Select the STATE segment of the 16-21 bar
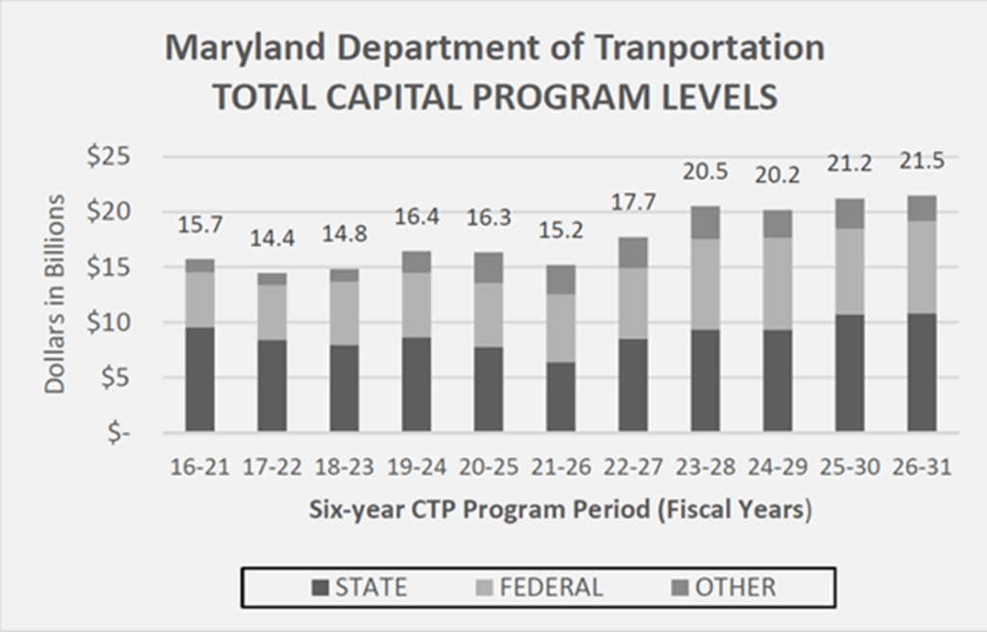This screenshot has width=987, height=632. click(x=200, y=379)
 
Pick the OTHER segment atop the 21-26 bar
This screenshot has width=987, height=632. click(x=561, y=279)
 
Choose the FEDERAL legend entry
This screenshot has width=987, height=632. click(x=540, y=587)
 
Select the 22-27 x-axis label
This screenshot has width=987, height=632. click(x=632, y=467)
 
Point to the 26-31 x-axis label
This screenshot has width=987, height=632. click(x=921, y=467)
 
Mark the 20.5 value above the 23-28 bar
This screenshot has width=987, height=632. click(x=705, y=174)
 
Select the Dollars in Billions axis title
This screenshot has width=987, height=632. click(x=57, y=293)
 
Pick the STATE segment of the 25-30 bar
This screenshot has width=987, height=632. click(x=849, y=372)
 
